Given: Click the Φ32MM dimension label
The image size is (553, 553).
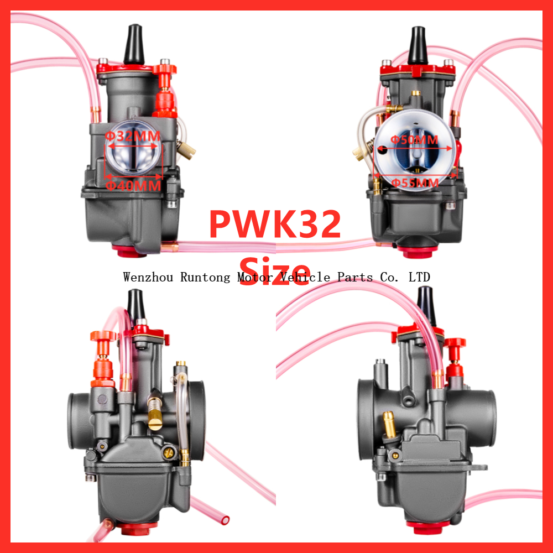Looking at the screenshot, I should (132, 136).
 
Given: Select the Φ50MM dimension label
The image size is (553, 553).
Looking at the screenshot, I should (414, 139).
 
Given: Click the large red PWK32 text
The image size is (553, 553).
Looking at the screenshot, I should (275, 224).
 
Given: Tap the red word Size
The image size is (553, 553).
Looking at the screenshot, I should (275, 269).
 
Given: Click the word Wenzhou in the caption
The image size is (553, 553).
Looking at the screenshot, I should (149, 277).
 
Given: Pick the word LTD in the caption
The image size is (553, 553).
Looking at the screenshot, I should (419, 277).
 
